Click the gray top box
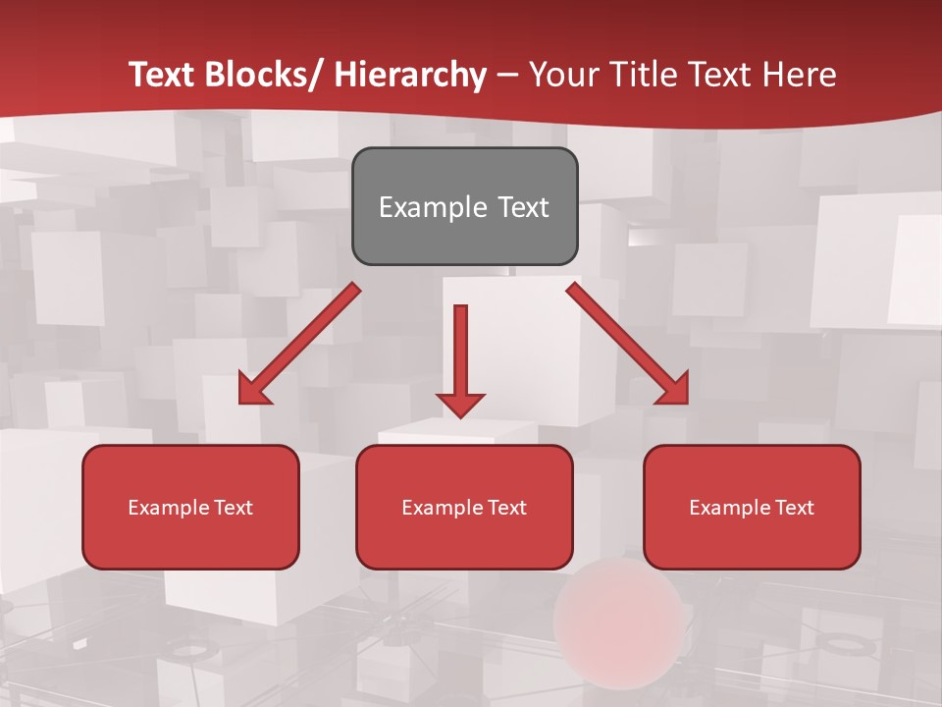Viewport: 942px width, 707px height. tap(464, 206)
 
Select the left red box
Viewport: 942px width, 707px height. tap(190, 507)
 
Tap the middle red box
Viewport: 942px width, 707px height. tap(464, 507)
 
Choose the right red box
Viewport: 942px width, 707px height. tap(752, 507)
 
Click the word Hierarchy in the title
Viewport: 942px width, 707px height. tap(410, 75)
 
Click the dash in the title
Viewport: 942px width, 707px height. tap(507, 75)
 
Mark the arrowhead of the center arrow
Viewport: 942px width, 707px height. tap(460, 404)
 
